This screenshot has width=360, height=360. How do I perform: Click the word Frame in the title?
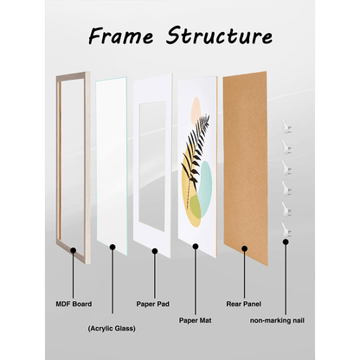(120, 36)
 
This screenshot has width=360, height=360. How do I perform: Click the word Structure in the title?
(219, 35)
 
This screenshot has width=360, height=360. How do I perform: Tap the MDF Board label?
(74, 304)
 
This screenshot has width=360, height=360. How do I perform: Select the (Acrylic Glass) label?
(112, 329)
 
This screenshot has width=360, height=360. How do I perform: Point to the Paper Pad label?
(153, 304)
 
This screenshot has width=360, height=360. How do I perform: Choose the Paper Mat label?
(196, 320)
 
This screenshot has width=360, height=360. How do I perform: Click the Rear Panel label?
(244, 304)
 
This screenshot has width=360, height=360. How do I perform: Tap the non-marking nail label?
(277, 320)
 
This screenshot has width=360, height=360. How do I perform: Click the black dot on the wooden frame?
(74, 250)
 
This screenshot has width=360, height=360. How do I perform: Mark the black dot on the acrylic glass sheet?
(112, 247)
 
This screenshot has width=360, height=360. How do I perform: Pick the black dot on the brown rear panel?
(245, 248)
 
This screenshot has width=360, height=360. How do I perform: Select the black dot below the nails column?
(286, 242)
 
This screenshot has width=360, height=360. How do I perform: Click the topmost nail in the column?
(286, 126)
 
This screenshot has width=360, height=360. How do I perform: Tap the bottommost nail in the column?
(286, 230)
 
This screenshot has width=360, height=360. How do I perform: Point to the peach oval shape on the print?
(196, 108)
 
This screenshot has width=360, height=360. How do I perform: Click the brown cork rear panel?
(245, 168)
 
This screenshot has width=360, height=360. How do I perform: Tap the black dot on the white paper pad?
(155, 251)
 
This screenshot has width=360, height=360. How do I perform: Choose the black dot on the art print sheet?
(196, 247)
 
